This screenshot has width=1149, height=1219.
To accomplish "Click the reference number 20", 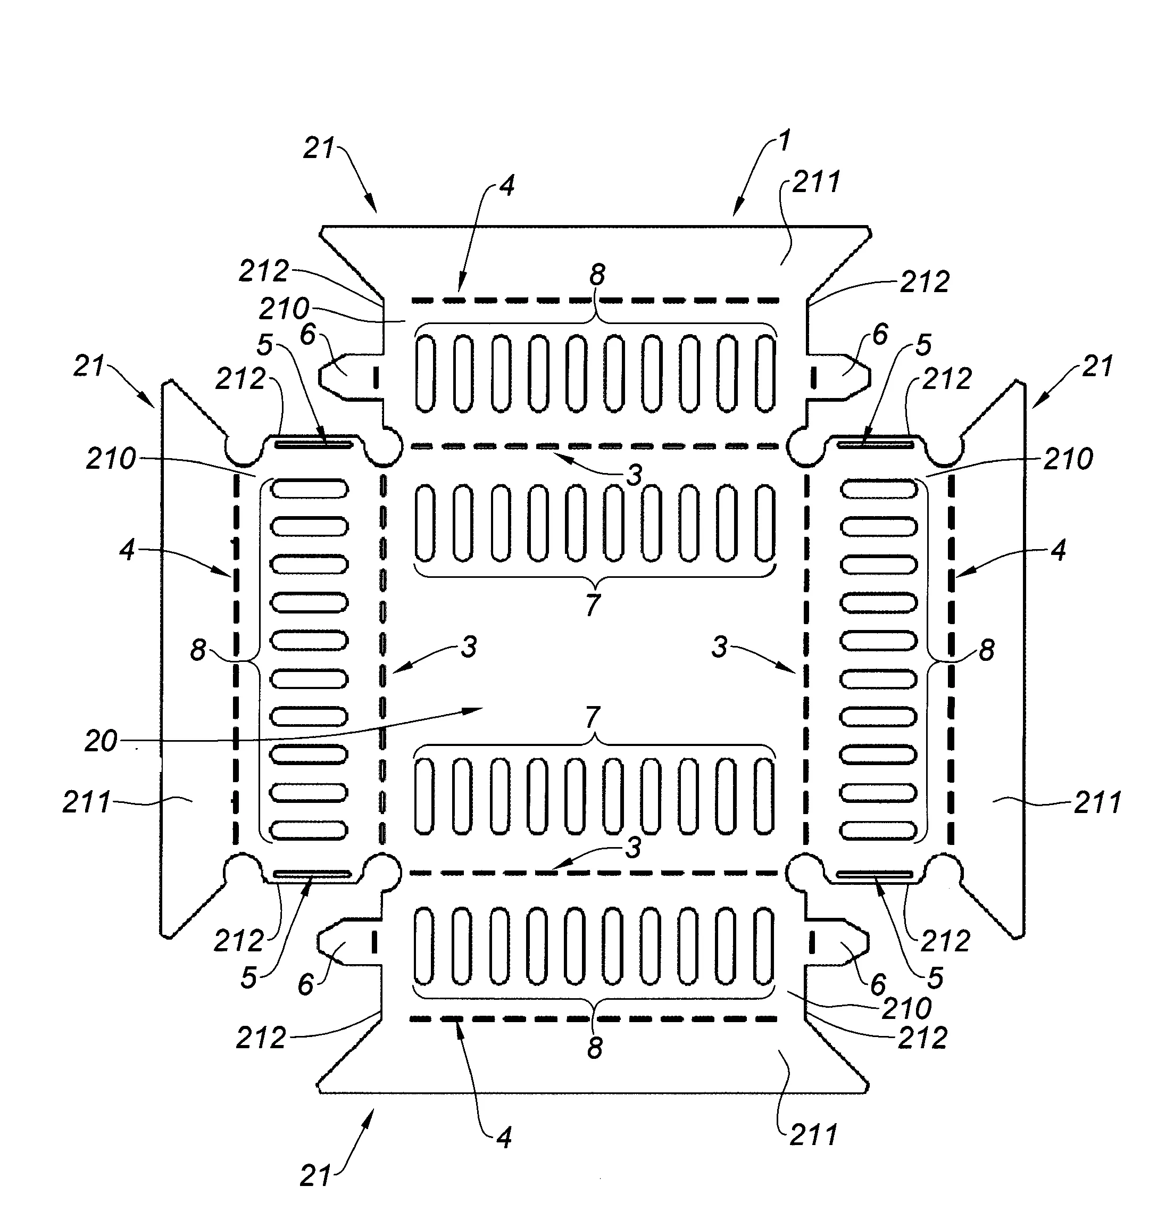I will [101, 741].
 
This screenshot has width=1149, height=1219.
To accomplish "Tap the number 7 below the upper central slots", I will [592, 605].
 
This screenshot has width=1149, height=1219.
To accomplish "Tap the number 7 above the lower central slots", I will [592, 717].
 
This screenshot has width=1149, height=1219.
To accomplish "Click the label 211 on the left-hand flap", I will [87, 802].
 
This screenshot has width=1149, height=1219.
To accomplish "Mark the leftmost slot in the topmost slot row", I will [425, 374].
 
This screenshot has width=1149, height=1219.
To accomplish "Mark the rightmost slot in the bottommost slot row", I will [764, 946].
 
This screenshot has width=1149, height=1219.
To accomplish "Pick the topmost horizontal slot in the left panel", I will [310, 488].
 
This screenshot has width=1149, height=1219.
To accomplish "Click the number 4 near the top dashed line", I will [506, 185].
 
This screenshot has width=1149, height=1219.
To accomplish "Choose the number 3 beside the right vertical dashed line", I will [720, 647].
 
